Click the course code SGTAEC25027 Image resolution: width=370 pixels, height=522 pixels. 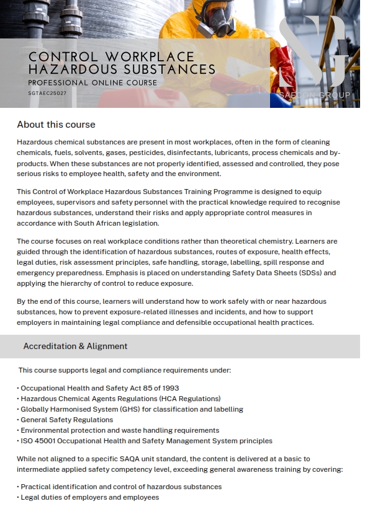pos(47,93)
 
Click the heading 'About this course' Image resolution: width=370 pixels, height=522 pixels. pos(56,125)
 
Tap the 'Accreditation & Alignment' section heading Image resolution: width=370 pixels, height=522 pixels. pos(75,347)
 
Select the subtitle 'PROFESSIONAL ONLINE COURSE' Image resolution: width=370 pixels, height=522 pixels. pos(92,82)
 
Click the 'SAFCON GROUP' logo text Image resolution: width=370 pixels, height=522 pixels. pos(315,95)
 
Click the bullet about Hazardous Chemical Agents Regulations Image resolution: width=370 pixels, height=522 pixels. pos(120,399)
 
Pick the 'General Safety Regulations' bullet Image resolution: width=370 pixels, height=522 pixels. pos(66,420)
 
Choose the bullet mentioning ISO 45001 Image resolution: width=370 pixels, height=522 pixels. pos(146,441)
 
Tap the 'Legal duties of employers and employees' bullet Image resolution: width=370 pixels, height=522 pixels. pos(89,497)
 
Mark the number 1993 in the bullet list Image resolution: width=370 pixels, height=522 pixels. pos(169,388)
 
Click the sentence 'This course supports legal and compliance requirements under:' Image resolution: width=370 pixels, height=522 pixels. pos(125,370)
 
